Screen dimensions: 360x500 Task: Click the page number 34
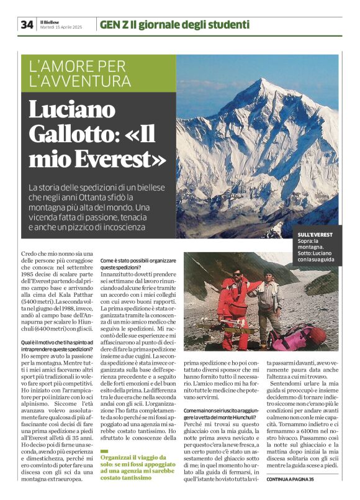(27, 24)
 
